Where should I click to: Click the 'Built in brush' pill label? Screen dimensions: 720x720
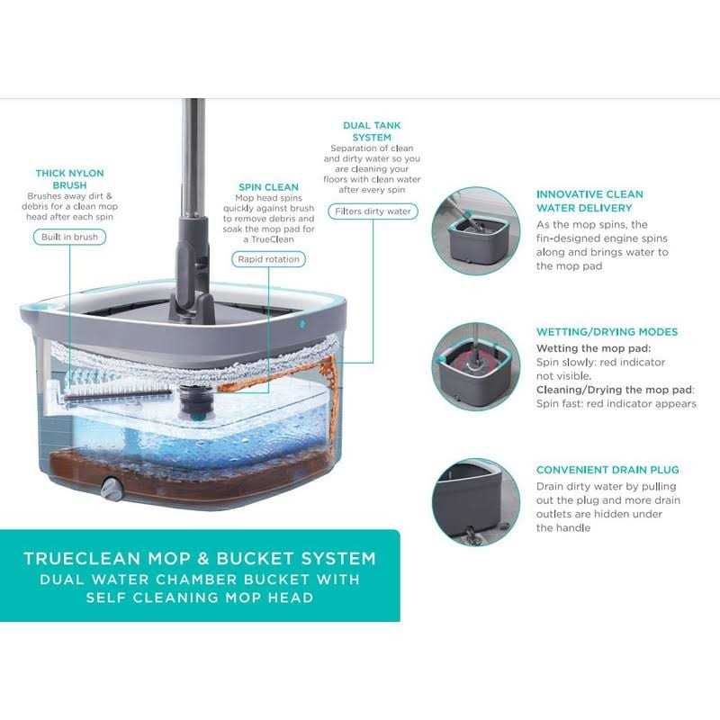tap(69, 238)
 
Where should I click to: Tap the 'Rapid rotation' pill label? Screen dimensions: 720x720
tap(268, 259)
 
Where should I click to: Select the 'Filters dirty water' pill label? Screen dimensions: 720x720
tap(373, 211)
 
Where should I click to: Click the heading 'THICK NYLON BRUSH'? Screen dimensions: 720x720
tap(69, 178)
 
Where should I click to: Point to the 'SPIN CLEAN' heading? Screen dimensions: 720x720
tap(268, 188)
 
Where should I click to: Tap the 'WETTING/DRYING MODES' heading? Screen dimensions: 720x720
tap(607, 332)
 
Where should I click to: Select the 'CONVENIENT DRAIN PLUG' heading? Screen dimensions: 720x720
tap(607, 470)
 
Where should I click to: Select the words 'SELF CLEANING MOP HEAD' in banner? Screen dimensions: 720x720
tap(200, 598)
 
